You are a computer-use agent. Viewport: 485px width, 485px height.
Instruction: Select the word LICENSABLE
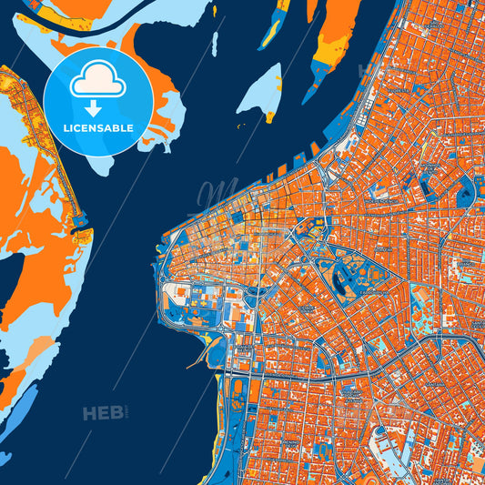tap(98, 127)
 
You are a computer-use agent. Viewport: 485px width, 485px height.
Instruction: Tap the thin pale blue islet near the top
tap(215, 44)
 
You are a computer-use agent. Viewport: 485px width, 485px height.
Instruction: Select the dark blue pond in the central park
tap(344, 285)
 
